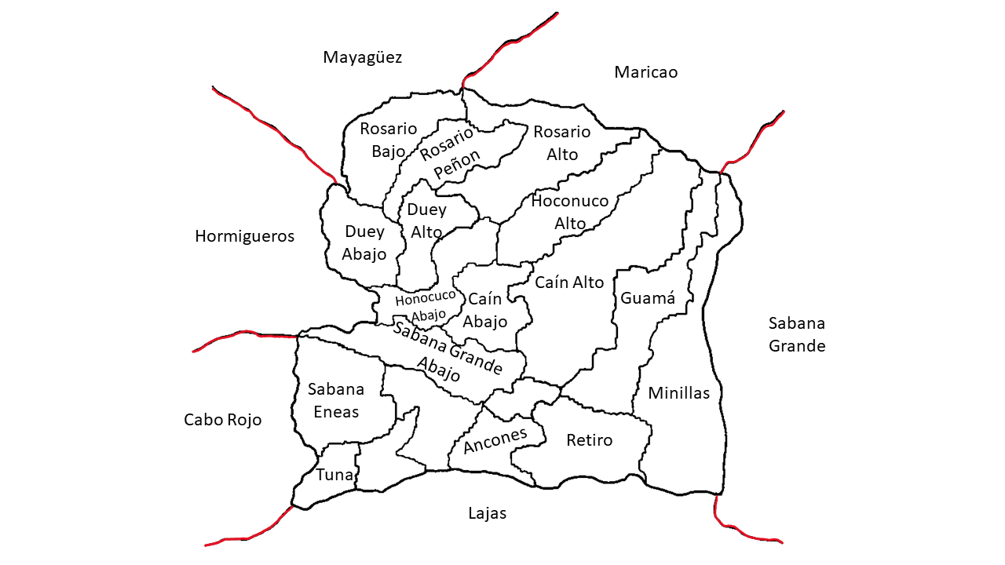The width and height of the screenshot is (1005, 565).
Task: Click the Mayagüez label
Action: (x=362, y=57)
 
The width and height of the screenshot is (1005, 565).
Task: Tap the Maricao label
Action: (x=645, y=72)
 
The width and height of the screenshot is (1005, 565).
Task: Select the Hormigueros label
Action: (x=244, y=236)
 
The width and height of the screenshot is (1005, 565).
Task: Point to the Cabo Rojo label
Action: (x=222, y=420)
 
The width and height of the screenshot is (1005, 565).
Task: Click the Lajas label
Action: (x=487, y=513)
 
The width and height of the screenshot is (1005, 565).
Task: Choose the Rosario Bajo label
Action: (x=388, y=140)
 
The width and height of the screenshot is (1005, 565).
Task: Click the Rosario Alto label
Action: (x=561, y=143)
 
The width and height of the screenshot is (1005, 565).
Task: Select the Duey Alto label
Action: (x=426, y=221)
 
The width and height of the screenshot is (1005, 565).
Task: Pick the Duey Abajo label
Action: (x=364, y=242)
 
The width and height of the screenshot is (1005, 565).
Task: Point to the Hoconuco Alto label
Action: (x=570, y=212)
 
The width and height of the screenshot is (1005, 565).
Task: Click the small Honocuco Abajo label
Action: (x=425, y=305)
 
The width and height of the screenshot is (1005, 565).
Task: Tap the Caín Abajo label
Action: (x=484, y=311)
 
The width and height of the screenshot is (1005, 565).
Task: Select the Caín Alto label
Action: (x=569, y=282)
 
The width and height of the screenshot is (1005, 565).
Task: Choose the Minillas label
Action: (x=678, y=393)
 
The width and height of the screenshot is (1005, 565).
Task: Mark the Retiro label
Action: (x=589, y=440)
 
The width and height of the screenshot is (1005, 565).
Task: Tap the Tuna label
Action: (x=334, y=475)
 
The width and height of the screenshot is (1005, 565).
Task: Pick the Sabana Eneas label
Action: (x=336, y=400)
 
